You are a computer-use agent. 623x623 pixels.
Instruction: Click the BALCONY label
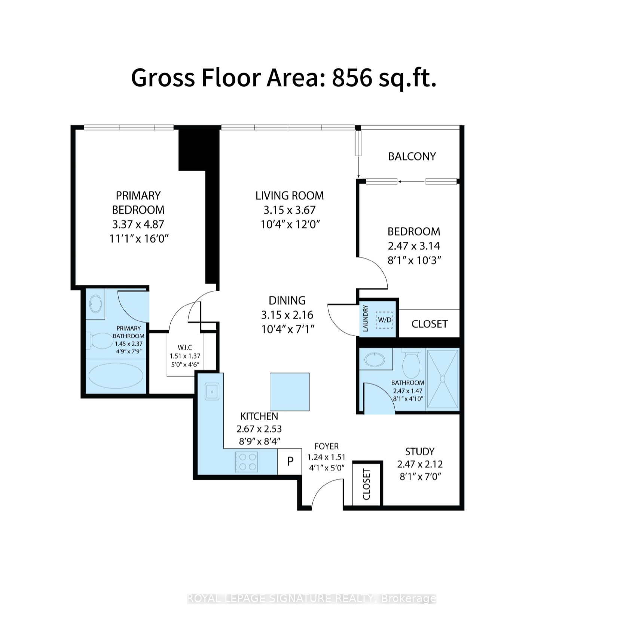[412, 156]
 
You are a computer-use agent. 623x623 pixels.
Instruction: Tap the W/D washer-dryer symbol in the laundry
[385, 320]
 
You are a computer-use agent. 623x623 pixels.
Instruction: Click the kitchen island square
[290, 392]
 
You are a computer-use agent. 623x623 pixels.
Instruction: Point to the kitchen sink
[212, 391]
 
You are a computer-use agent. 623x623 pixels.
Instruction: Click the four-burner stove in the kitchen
[246, 462]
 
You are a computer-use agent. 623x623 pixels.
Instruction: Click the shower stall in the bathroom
[443, 379]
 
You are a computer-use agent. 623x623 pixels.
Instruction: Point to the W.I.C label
[185, 348]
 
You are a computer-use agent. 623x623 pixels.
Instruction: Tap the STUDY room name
[420, 452]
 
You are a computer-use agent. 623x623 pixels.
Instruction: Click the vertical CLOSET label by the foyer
[366, 484]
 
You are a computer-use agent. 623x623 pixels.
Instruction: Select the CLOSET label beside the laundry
[430, 324]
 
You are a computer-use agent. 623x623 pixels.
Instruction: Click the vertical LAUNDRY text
[366, 318]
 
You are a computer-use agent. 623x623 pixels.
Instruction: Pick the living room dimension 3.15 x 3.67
[290, 210]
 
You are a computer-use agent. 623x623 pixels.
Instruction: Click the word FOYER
[327, 446]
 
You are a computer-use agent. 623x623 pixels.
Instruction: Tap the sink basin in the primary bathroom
[95, 304]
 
